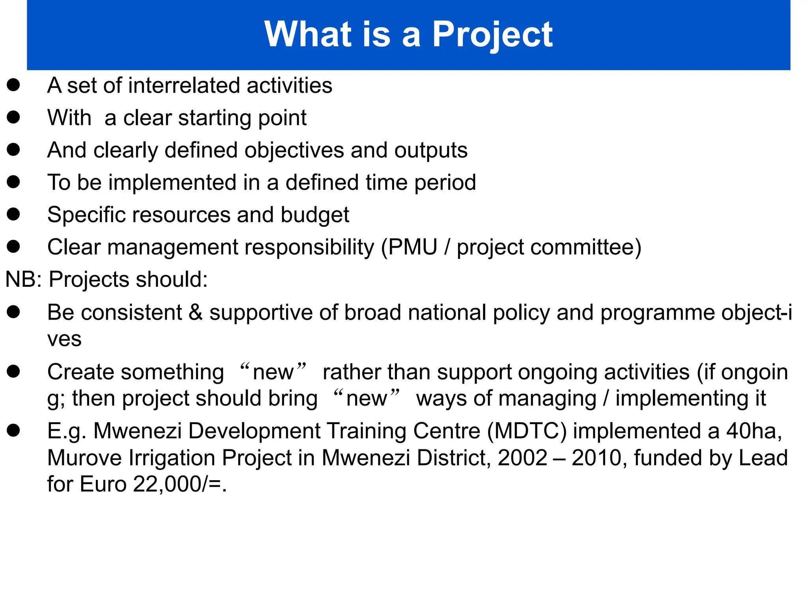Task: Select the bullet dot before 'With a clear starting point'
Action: [13, 117]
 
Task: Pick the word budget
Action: [315, 215]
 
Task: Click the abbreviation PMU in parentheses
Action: [413, 247]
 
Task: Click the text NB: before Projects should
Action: [23, 280]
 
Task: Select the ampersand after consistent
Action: [195, 312]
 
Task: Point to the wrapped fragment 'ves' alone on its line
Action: [64, 339]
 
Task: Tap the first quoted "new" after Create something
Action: [273, 372]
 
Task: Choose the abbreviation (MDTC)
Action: [526, 431]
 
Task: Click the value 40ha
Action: [754, 431]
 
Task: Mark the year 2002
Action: [522, 458]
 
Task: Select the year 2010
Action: [596, 458]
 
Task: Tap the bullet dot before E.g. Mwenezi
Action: [13, 430]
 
